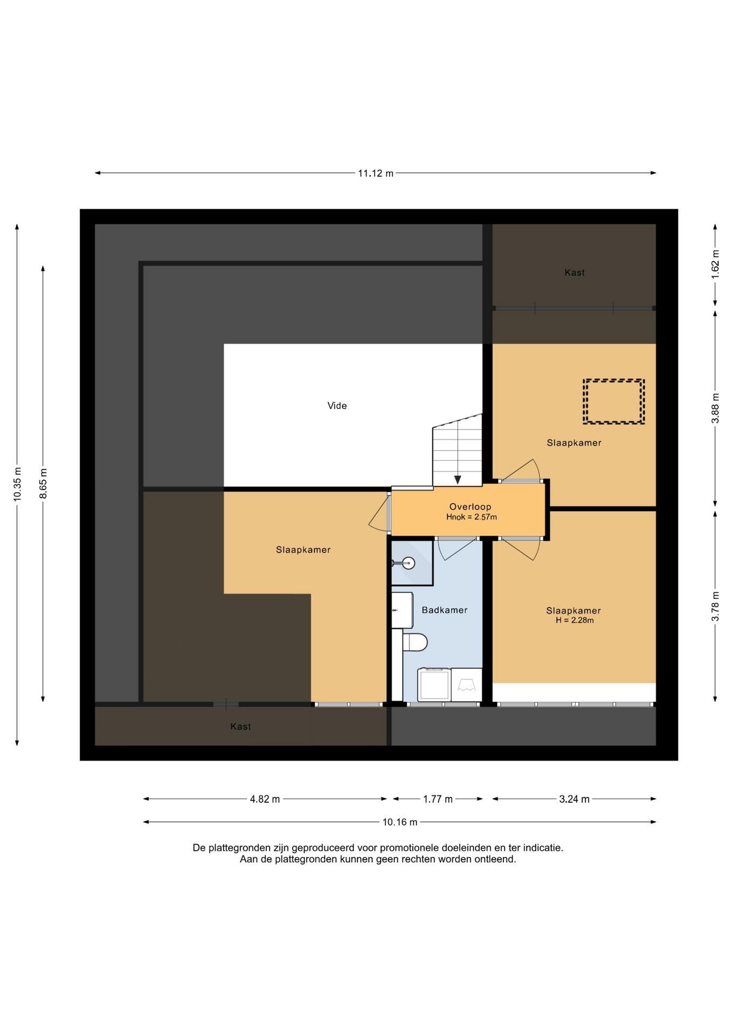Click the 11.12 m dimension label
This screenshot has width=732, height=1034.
376,173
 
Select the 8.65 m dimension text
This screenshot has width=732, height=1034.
44,483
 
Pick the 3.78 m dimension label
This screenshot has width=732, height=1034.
715,606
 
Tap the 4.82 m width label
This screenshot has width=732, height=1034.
265,799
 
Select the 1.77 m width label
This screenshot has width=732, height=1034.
438,799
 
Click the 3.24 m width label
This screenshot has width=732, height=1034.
574,799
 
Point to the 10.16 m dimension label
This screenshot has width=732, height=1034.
400,822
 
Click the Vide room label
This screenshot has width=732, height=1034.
337,406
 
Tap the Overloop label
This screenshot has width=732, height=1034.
470,507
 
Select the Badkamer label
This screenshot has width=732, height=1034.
444,610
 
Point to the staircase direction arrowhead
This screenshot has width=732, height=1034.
458,480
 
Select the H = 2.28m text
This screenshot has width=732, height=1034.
575,620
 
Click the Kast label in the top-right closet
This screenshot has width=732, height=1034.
575,273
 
